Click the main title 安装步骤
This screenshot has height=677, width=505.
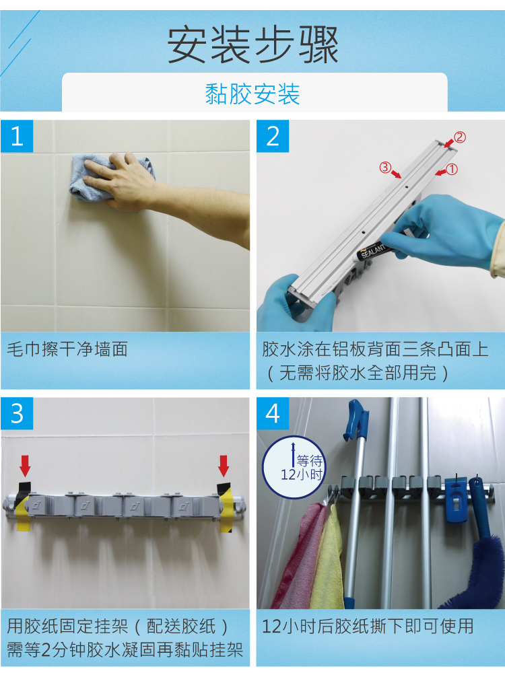(252, 45)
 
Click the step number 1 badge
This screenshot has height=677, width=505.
(18, 137)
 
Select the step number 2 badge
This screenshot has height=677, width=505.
(273, 137)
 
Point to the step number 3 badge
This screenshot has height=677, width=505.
(18, 413)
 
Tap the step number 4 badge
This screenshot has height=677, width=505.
(273, 413)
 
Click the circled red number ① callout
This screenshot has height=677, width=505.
(451, 170)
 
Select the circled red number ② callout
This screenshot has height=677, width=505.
(459, 137)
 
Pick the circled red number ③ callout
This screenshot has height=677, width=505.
(385, 168)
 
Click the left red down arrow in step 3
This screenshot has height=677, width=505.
(25, 465)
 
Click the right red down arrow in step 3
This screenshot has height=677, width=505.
(224, 465)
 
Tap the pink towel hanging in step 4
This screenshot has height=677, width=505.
(296, 552)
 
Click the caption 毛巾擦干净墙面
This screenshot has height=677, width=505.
(67, 350)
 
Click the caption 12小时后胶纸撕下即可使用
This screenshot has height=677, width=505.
(368, 627)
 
